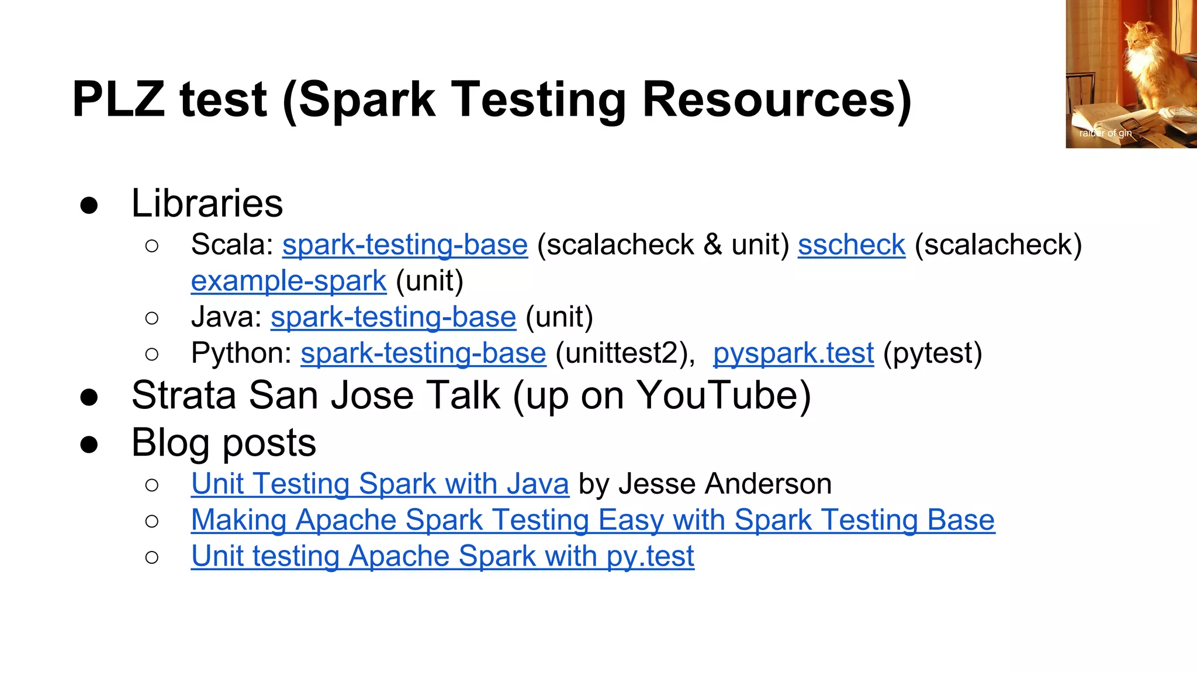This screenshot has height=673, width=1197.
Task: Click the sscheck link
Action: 851,245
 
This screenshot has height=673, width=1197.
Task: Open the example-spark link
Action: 288,281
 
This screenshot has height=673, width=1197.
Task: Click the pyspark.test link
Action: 793,353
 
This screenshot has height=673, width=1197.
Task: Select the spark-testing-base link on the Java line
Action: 393,317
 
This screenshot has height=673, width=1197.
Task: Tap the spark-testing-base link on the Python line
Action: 423,353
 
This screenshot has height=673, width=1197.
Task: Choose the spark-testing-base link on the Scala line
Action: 405,245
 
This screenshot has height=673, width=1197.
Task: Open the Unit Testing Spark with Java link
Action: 380,484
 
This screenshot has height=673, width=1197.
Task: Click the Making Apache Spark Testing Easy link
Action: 593,521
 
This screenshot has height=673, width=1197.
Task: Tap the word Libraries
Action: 207,203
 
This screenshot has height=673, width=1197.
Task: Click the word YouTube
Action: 724,396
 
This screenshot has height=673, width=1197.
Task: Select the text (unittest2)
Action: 625,353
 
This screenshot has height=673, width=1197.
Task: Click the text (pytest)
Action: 932,353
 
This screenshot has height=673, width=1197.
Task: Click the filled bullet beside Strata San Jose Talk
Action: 89,397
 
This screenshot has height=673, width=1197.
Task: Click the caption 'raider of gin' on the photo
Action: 1105,133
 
